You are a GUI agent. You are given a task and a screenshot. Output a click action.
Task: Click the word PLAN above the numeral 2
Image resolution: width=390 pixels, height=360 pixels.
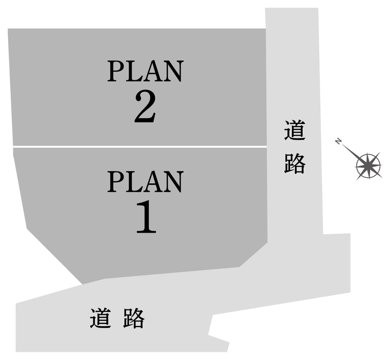(146, 71)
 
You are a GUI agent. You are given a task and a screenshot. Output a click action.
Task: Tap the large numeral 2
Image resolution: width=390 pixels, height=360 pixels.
(146, 106)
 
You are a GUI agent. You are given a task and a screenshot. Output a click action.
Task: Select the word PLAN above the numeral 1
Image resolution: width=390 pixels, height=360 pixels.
(146, 182)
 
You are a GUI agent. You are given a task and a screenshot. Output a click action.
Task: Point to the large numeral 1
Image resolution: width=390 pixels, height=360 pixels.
(146, 217)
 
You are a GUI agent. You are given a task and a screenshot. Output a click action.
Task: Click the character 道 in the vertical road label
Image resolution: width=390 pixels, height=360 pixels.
(295, 130)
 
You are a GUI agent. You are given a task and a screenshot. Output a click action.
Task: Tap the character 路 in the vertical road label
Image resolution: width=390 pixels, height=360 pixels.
(295, 164)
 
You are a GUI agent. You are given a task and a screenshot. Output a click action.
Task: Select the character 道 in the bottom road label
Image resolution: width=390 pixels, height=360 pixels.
(100, 318)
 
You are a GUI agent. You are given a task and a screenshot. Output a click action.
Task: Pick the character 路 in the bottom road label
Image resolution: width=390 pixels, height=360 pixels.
(134, 318)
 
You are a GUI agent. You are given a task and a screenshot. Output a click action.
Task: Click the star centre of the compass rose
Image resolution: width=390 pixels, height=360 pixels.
(368, 165)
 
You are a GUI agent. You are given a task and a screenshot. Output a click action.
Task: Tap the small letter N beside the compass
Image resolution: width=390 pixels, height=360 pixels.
(338, 141)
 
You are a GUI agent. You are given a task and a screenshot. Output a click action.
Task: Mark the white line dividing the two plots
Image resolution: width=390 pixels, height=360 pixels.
(140, 147)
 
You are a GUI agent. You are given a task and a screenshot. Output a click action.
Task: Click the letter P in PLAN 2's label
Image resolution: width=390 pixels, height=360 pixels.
(116, 71)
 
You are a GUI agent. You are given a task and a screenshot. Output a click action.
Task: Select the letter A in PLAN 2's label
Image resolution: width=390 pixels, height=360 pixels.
(153, 71)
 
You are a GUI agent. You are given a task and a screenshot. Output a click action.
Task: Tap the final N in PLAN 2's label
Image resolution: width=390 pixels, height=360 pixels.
(174, 71)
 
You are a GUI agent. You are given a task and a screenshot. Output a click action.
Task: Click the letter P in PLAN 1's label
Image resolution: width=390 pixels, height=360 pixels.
(116, 182)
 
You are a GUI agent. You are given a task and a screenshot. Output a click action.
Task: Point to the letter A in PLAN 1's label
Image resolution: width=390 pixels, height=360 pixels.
(153, 182)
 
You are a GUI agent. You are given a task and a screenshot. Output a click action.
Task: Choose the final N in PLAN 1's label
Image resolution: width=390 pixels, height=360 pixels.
(174, 182)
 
